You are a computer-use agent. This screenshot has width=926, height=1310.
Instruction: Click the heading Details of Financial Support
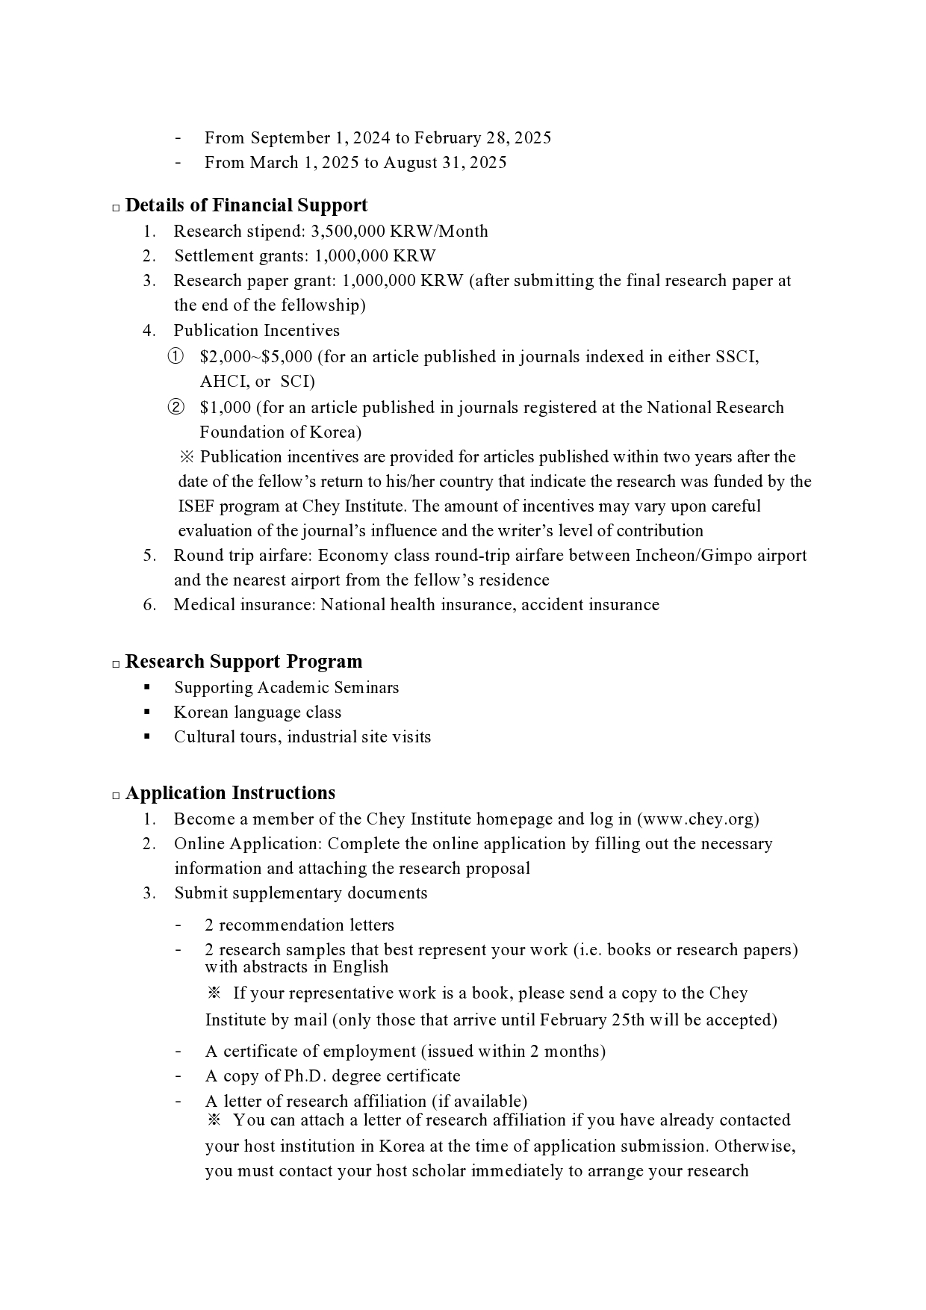[246, 205]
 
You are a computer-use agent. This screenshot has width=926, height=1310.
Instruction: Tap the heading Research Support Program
[243, 662]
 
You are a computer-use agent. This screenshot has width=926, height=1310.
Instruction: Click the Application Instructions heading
[230, 793]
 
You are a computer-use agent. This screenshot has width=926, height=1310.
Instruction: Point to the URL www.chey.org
[697, 819]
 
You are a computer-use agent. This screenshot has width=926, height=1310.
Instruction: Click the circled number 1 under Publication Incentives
[175, 357]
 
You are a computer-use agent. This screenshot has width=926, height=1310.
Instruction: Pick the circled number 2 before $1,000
[175, 408]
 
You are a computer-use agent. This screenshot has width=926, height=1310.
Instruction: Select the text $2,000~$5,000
[256, 357]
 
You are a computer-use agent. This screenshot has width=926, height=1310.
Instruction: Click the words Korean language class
[258, 713]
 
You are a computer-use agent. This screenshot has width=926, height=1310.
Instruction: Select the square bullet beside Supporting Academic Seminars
[147, 687]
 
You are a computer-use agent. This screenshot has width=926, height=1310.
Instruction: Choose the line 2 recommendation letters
[299, 925]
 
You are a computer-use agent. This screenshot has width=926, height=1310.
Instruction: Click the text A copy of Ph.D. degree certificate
[332, 1076]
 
